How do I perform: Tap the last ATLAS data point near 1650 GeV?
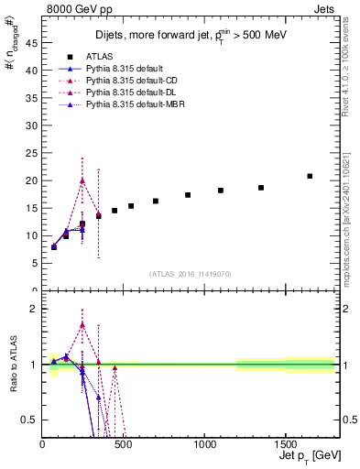[310, 176]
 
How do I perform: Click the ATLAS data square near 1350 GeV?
[261, 188]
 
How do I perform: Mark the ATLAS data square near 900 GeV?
[188, 195]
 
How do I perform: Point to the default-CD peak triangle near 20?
[82, 180]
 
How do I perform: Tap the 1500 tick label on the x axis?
[285, 444]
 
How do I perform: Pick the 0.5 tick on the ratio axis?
[30, 420]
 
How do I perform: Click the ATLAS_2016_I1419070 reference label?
[191, 274]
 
